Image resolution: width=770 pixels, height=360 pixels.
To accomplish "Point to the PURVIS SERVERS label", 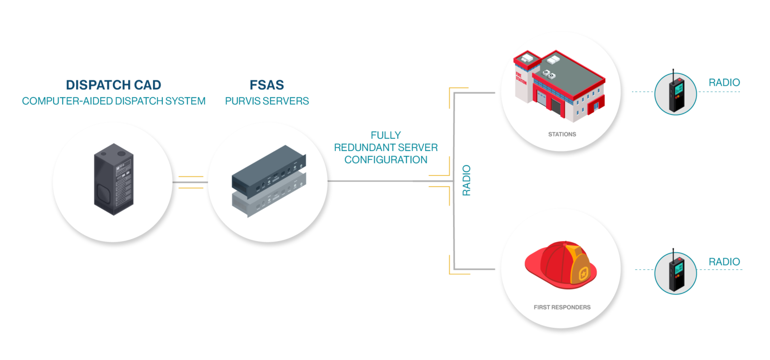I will [267, 101].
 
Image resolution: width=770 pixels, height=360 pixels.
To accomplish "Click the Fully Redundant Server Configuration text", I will [386, 147].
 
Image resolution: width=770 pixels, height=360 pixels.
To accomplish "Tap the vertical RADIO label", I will [467, 179].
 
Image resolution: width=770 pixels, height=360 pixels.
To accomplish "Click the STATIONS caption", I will [562, 134].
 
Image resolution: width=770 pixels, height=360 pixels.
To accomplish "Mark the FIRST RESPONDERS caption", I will [562, 307].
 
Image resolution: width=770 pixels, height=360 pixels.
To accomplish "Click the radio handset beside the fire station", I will [675, 93].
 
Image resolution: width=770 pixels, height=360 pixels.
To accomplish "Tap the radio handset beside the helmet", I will [675, 273].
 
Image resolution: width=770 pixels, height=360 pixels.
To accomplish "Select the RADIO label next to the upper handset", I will [724, 83].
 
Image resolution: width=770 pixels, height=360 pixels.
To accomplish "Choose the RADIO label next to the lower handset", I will [724, 262].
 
